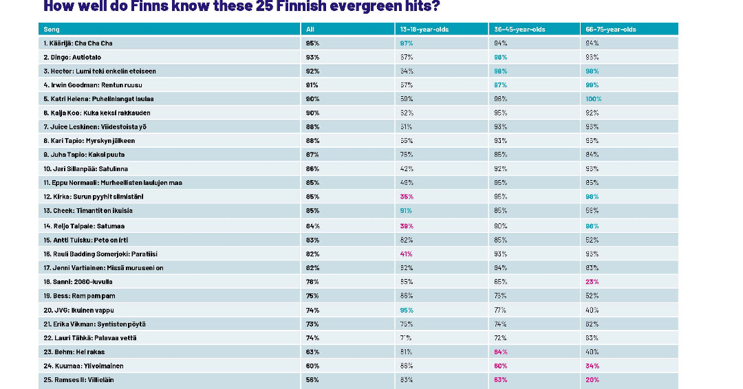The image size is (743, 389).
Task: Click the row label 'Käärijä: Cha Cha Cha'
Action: (77, 43)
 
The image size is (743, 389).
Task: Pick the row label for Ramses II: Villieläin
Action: (79, 379)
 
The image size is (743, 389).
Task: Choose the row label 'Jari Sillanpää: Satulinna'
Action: (85, 168)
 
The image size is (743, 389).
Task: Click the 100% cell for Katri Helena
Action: (593, 99)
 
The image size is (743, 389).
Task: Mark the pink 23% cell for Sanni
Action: (592, 282)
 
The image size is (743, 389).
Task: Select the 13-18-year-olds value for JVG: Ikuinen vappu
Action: (406, 310)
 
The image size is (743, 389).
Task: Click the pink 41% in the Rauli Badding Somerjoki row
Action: (406, 254)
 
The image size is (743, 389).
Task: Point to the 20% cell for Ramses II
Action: (592, 379)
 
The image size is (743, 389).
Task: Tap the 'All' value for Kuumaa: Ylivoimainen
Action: (312, 366)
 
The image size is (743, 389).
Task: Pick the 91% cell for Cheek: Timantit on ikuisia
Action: (406, 210)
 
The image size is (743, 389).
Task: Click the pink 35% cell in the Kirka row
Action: (406, 197)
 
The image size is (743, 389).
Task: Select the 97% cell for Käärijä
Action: (406, 43)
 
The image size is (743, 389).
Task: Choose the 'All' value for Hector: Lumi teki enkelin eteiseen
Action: (312, 71)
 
